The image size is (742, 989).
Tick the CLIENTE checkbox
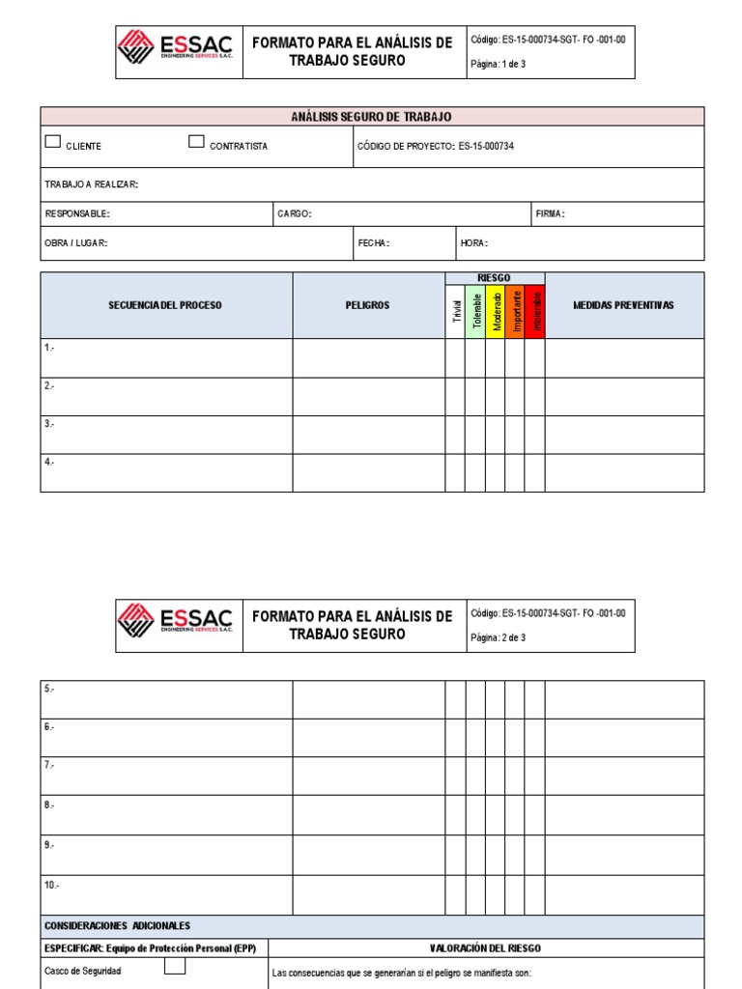53,142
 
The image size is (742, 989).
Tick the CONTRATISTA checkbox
196,142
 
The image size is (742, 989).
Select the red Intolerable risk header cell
535,311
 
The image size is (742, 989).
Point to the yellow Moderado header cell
496,311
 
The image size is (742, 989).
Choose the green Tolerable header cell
475,311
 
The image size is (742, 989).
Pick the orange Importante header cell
516,311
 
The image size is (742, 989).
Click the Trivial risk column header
455,311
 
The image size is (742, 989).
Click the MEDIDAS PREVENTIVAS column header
623,305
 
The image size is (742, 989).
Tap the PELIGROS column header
368,305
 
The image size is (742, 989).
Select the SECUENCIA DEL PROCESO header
165,305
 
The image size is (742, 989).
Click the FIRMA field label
550,214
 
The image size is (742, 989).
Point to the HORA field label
473,243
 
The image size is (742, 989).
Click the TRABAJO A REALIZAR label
92,184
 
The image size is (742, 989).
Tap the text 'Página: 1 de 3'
498,64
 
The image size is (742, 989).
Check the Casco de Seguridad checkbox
174,967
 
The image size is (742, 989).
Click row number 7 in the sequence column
50,765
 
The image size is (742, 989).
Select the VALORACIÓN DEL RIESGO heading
486,948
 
